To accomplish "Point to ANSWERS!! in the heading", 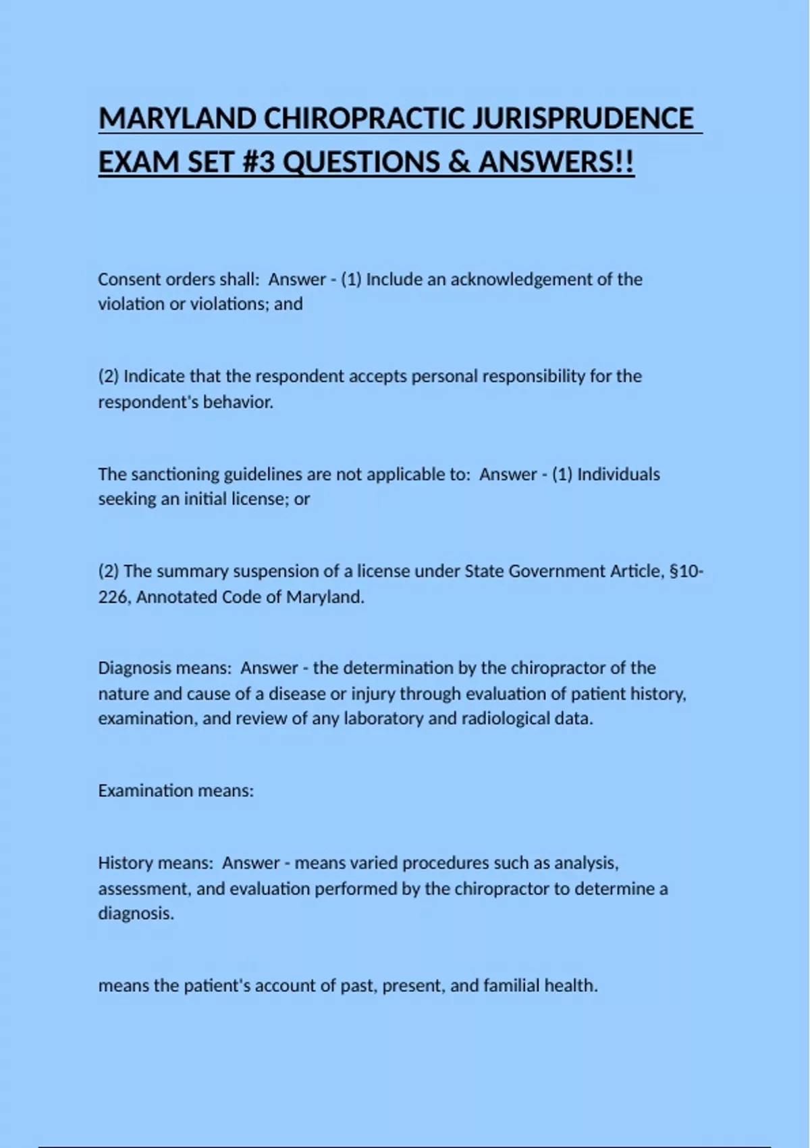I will [x=556, y=162].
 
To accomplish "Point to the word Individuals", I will [x=618, y=474].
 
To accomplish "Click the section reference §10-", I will [x=686, y=571].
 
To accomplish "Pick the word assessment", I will [x=143, y=889].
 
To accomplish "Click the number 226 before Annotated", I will [x=113, y=598].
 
